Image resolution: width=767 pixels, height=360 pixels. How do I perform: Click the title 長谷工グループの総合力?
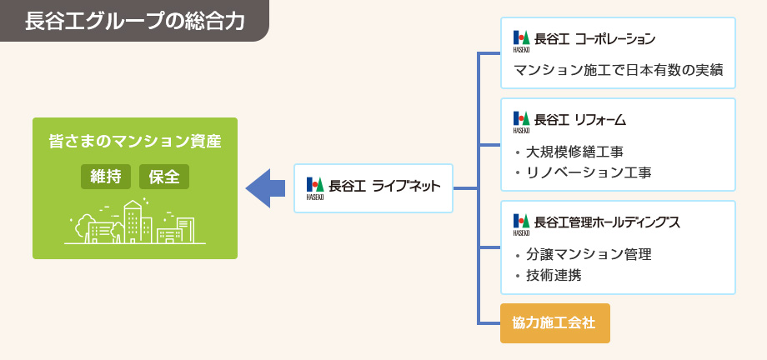[x=134, y=21]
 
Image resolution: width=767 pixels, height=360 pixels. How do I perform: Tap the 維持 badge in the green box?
[x=106, y=177]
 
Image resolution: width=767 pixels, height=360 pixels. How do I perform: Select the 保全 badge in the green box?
[x=164, y=177]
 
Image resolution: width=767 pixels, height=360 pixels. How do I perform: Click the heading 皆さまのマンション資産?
[x=135, y=142]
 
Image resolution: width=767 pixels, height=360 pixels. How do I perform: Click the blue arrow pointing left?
[x=265, y=188]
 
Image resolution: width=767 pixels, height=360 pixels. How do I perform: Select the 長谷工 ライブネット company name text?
[x=384, y=187]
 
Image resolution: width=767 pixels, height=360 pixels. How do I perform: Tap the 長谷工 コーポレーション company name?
[x=594, y=38]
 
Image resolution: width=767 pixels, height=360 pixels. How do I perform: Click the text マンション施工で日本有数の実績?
[x=619, y=70]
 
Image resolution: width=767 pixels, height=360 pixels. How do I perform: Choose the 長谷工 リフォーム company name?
[x=580, y=119]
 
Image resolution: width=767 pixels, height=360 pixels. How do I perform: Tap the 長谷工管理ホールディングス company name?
[x=607, y=222]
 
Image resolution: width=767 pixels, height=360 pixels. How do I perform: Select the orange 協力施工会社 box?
[x=555, y=323]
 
